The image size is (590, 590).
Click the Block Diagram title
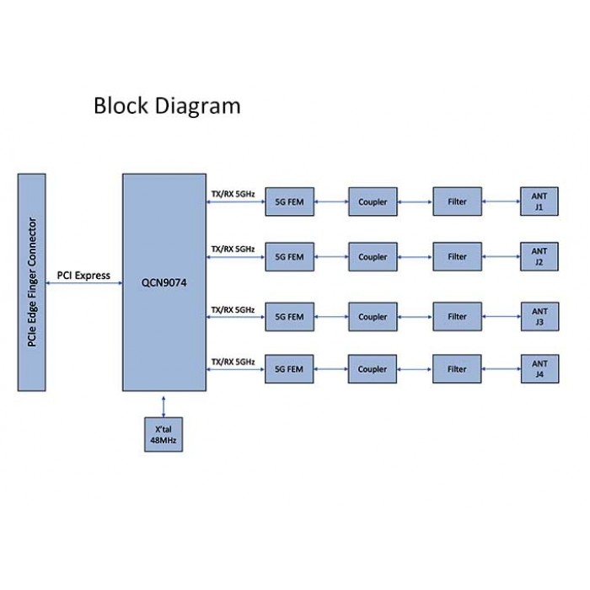click(x=167, y=106)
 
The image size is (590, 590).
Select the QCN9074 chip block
click(x=164, y=282)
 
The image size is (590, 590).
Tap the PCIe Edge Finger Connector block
click(x=32, y=282)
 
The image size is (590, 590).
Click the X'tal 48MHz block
click(x=164, y=434)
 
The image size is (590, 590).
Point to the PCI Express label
click(x=83, y=276)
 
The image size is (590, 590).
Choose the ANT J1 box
click(x=539, y=201)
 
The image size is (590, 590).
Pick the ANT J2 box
click(x=539, y=256)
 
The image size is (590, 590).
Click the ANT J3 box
click(x=540, y=316)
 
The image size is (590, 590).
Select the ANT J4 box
click(x=540, y=369)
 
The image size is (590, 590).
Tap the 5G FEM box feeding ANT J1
click(x=289, y=201)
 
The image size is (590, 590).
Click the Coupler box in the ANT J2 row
click(x=373, y=256)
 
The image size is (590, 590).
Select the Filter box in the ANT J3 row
click(x=457, y=316)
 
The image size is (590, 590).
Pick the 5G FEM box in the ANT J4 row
click(x=289, y=369)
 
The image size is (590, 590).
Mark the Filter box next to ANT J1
click(x=457, y=201)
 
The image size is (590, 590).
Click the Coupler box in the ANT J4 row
click(x=373, y=369)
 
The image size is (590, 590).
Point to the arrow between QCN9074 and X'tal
click(x=164, y=406)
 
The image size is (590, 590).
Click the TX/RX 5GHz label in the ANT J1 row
click(x=233, y=194)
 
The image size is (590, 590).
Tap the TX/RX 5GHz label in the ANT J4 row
click(x=233, y=362)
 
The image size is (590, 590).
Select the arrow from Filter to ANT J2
click(x=501, y=256)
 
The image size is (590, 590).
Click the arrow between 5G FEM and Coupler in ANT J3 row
click(x=331, y=317)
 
